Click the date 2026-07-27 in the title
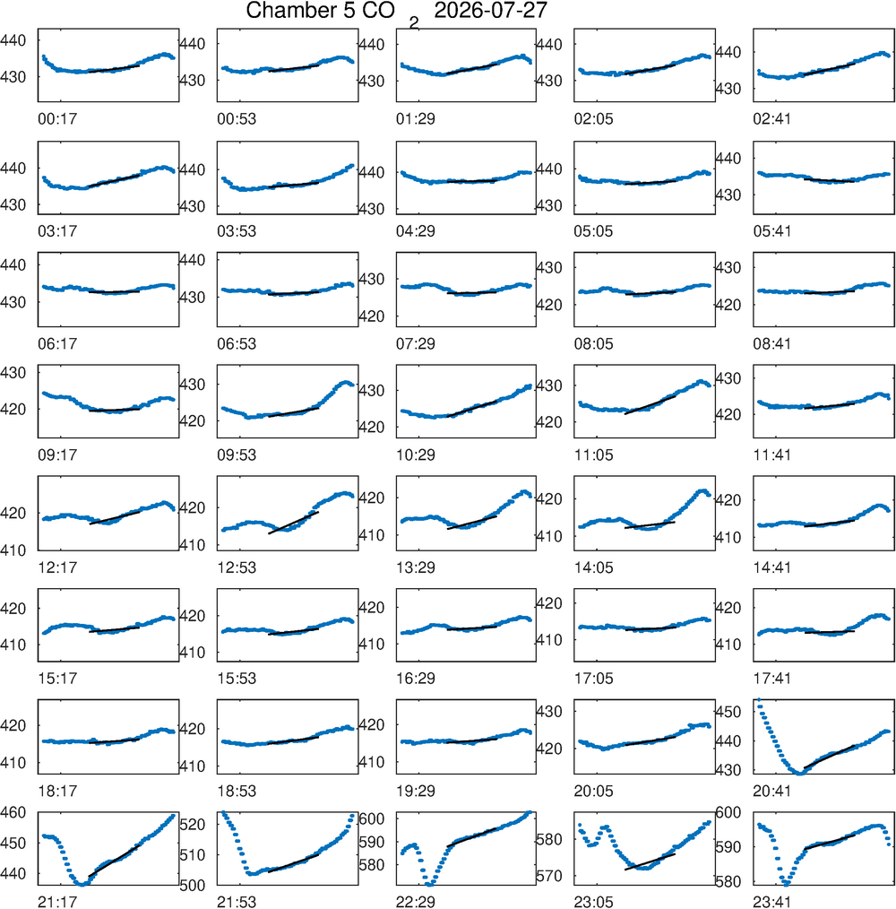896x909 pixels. (490, 11)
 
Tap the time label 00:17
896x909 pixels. (57, 119)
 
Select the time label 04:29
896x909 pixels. (416, 231)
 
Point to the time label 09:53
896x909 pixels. (237, 455)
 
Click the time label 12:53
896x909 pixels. (237, 567)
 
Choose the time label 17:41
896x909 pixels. (772, 679)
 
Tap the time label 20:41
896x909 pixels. (772, 791)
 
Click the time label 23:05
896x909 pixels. (593, 902)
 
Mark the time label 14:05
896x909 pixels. (593, 567)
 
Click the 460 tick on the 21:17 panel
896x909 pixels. (13, 813)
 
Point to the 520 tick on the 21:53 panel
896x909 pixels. (192, 825)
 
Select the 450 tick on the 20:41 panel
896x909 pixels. (728, 712)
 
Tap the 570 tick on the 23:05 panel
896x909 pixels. (548, 876)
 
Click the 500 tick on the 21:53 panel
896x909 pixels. (192, 885)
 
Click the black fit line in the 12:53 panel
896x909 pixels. (293, 523)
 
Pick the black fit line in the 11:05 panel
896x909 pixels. (650, 404)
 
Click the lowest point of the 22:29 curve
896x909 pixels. (429, 884)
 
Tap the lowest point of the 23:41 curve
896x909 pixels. (787, 884)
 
